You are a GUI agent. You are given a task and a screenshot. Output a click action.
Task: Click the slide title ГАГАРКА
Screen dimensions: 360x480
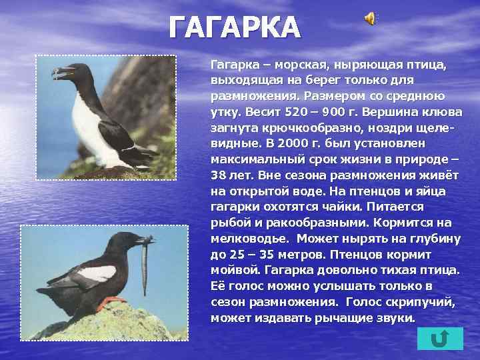point(235,27)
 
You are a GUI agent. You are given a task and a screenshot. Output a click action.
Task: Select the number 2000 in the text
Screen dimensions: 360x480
point(279,143)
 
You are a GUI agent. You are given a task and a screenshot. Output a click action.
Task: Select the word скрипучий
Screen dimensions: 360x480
point(419,302)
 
